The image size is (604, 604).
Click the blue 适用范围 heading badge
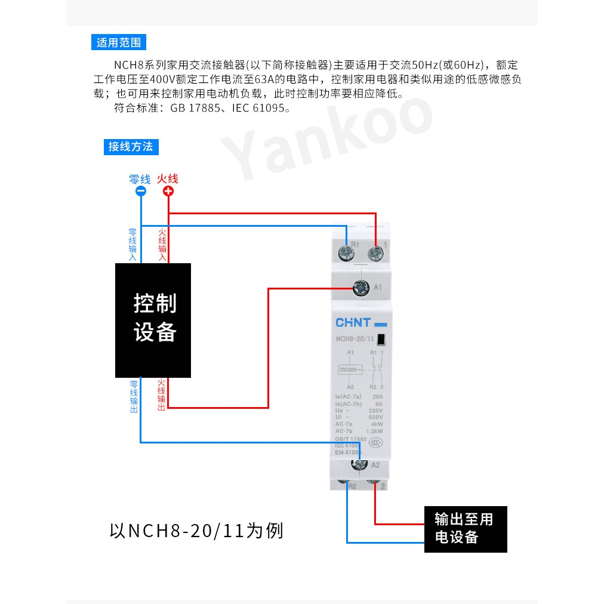(119, 42)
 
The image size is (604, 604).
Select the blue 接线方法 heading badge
(130, 146)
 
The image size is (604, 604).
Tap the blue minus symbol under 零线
(141, 192)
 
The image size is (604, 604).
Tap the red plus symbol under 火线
(168, 192)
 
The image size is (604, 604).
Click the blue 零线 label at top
(140, 178)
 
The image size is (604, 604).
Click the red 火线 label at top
(168, 178)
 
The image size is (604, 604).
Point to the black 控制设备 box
(153, 320)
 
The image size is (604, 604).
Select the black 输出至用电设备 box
(466, 529)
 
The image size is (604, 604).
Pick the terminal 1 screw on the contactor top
(375, 252)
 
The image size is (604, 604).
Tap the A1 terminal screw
(360, 288)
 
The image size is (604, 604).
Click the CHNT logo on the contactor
(353, 323)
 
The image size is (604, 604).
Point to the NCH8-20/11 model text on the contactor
(354, 340)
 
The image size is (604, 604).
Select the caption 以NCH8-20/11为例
(196, 531)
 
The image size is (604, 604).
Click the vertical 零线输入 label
(132, 244)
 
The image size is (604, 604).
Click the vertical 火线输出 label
(161, 395)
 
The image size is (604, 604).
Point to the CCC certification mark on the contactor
(376, 442)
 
